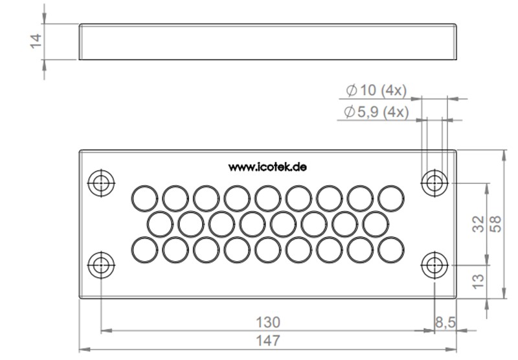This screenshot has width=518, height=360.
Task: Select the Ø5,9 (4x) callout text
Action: click(x=376, y=112)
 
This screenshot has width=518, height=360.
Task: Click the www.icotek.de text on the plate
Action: click(x=267, y=166)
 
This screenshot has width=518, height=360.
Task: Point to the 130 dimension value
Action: click(x=267, y=322)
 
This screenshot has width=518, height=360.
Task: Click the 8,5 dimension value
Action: click(x=446, y=322)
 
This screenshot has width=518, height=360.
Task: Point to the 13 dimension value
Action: click(x=479, y=280)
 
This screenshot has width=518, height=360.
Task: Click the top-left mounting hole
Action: click(x=100, y=183)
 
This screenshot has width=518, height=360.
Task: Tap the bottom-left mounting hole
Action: click(x=100, y=265)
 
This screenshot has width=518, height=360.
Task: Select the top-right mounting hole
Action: click(x=433, y=183)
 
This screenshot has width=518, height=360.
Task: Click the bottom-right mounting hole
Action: click(x=433, y=265)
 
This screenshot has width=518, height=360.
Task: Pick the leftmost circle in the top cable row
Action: click(x=144, y=197)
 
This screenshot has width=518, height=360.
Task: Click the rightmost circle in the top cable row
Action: click(x=390, y=197)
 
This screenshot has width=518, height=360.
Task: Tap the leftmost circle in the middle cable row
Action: click(x=159, y=224)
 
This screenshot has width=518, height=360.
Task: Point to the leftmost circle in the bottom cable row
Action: click(x=144, y=251)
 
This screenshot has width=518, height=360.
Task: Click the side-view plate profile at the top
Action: click(x=268, y=42)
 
